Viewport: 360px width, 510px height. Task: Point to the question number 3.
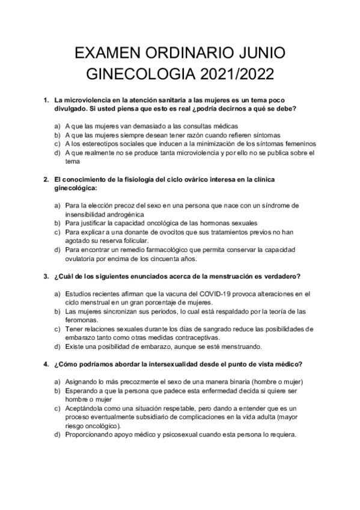[x=46, y=277]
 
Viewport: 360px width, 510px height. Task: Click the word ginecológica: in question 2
[x=76, y=188]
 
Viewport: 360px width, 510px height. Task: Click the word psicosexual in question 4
[x=157, y=435]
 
